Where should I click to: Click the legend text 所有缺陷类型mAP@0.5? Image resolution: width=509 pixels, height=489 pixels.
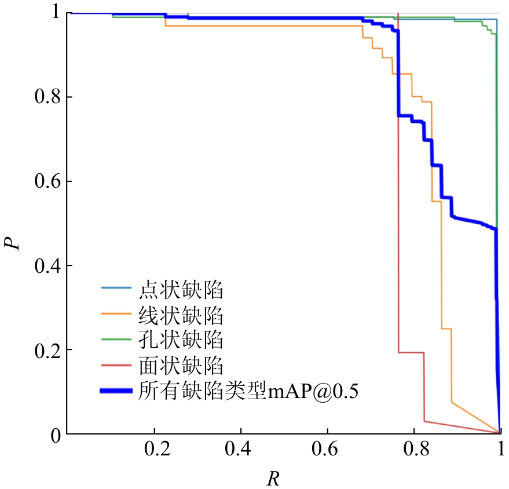pos(249,391)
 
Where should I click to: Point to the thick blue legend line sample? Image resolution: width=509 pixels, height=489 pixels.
pos(118,391)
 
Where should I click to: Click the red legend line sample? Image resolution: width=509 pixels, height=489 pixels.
pos(118,366)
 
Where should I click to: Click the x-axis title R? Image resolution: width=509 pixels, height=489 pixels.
pos(273,479)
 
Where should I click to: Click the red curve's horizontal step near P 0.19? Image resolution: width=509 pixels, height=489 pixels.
pos(412,352)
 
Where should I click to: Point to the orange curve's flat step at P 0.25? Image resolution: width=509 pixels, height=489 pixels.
pos(446,329)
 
